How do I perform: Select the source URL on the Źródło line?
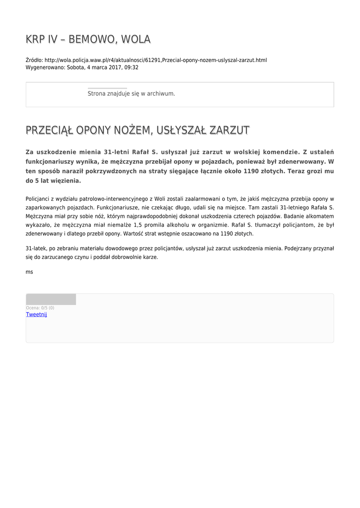click(155, 60)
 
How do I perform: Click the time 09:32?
click(132, 67)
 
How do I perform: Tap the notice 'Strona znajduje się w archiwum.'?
click(131, 93)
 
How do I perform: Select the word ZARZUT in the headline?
click(229, 130)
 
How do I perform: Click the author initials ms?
click(29, 272)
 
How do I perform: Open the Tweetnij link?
click(36, 315)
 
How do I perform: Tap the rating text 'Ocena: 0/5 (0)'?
click(40, 308)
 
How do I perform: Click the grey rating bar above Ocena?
click(51, 299)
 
